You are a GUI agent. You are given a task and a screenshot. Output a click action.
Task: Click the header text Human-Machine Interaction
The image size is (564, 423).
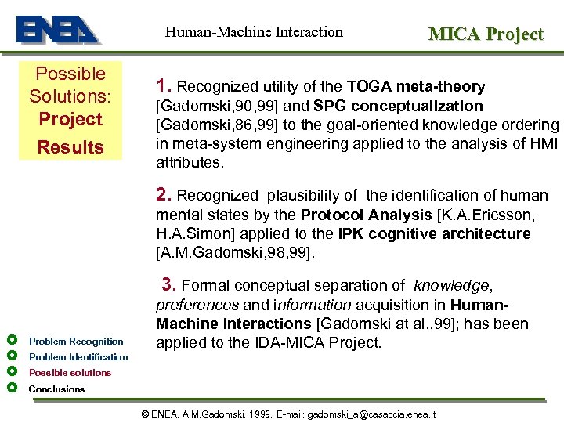(254, 32)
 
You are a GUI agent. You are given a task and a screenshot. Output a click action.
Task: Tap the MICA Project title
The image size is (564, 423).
(486, 34)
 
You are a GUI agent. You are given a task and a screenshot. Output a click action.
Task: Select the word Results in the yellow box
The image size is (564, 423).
(71, 147)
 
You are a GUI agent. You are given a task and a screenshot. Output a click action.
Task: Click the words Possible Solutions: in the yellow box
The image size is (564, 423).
(70, 85)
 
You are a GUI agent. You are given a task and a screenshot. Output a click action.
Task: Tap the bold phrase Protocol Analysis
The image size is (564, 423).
(367, 215)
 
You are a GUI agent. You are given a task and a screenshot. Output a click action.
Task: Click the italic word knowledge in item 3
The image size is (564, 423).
(450, 286)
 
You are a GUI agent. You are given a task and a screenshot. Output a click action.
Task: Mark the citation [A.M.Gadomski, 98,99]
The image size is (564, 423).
(236, 253)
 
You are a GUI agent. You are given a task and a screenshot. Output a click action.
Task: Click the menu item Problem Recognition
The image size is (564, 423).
(76, 341)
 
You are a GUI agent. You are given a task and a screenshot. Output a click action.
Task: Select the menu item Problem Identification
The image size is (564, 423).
(78, 357)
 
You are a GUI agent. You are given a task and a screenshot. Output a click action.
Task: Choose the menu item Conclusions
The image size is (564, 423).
(56, 389)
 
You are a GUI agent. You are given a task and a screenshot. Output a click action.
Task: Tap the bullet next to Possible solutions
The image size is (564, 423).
(12, 372)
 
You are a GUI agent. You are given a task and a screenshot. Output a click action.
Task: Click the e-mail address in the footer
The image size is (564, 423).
(371, 414)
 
